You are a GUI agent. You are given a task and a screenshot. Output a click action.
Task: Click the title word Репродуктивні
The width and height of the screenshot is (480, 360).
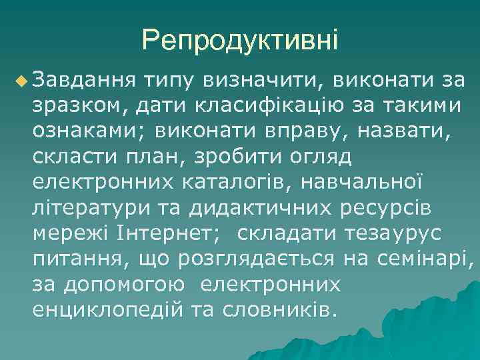click(239, 41)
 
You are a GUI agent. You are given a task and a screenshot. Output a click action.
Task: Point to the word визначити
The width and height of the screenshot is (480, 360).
click(263, 81)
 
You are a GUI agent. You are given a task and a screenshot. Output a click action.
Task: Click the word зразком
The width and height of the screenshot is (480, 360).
click(74, 105)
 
